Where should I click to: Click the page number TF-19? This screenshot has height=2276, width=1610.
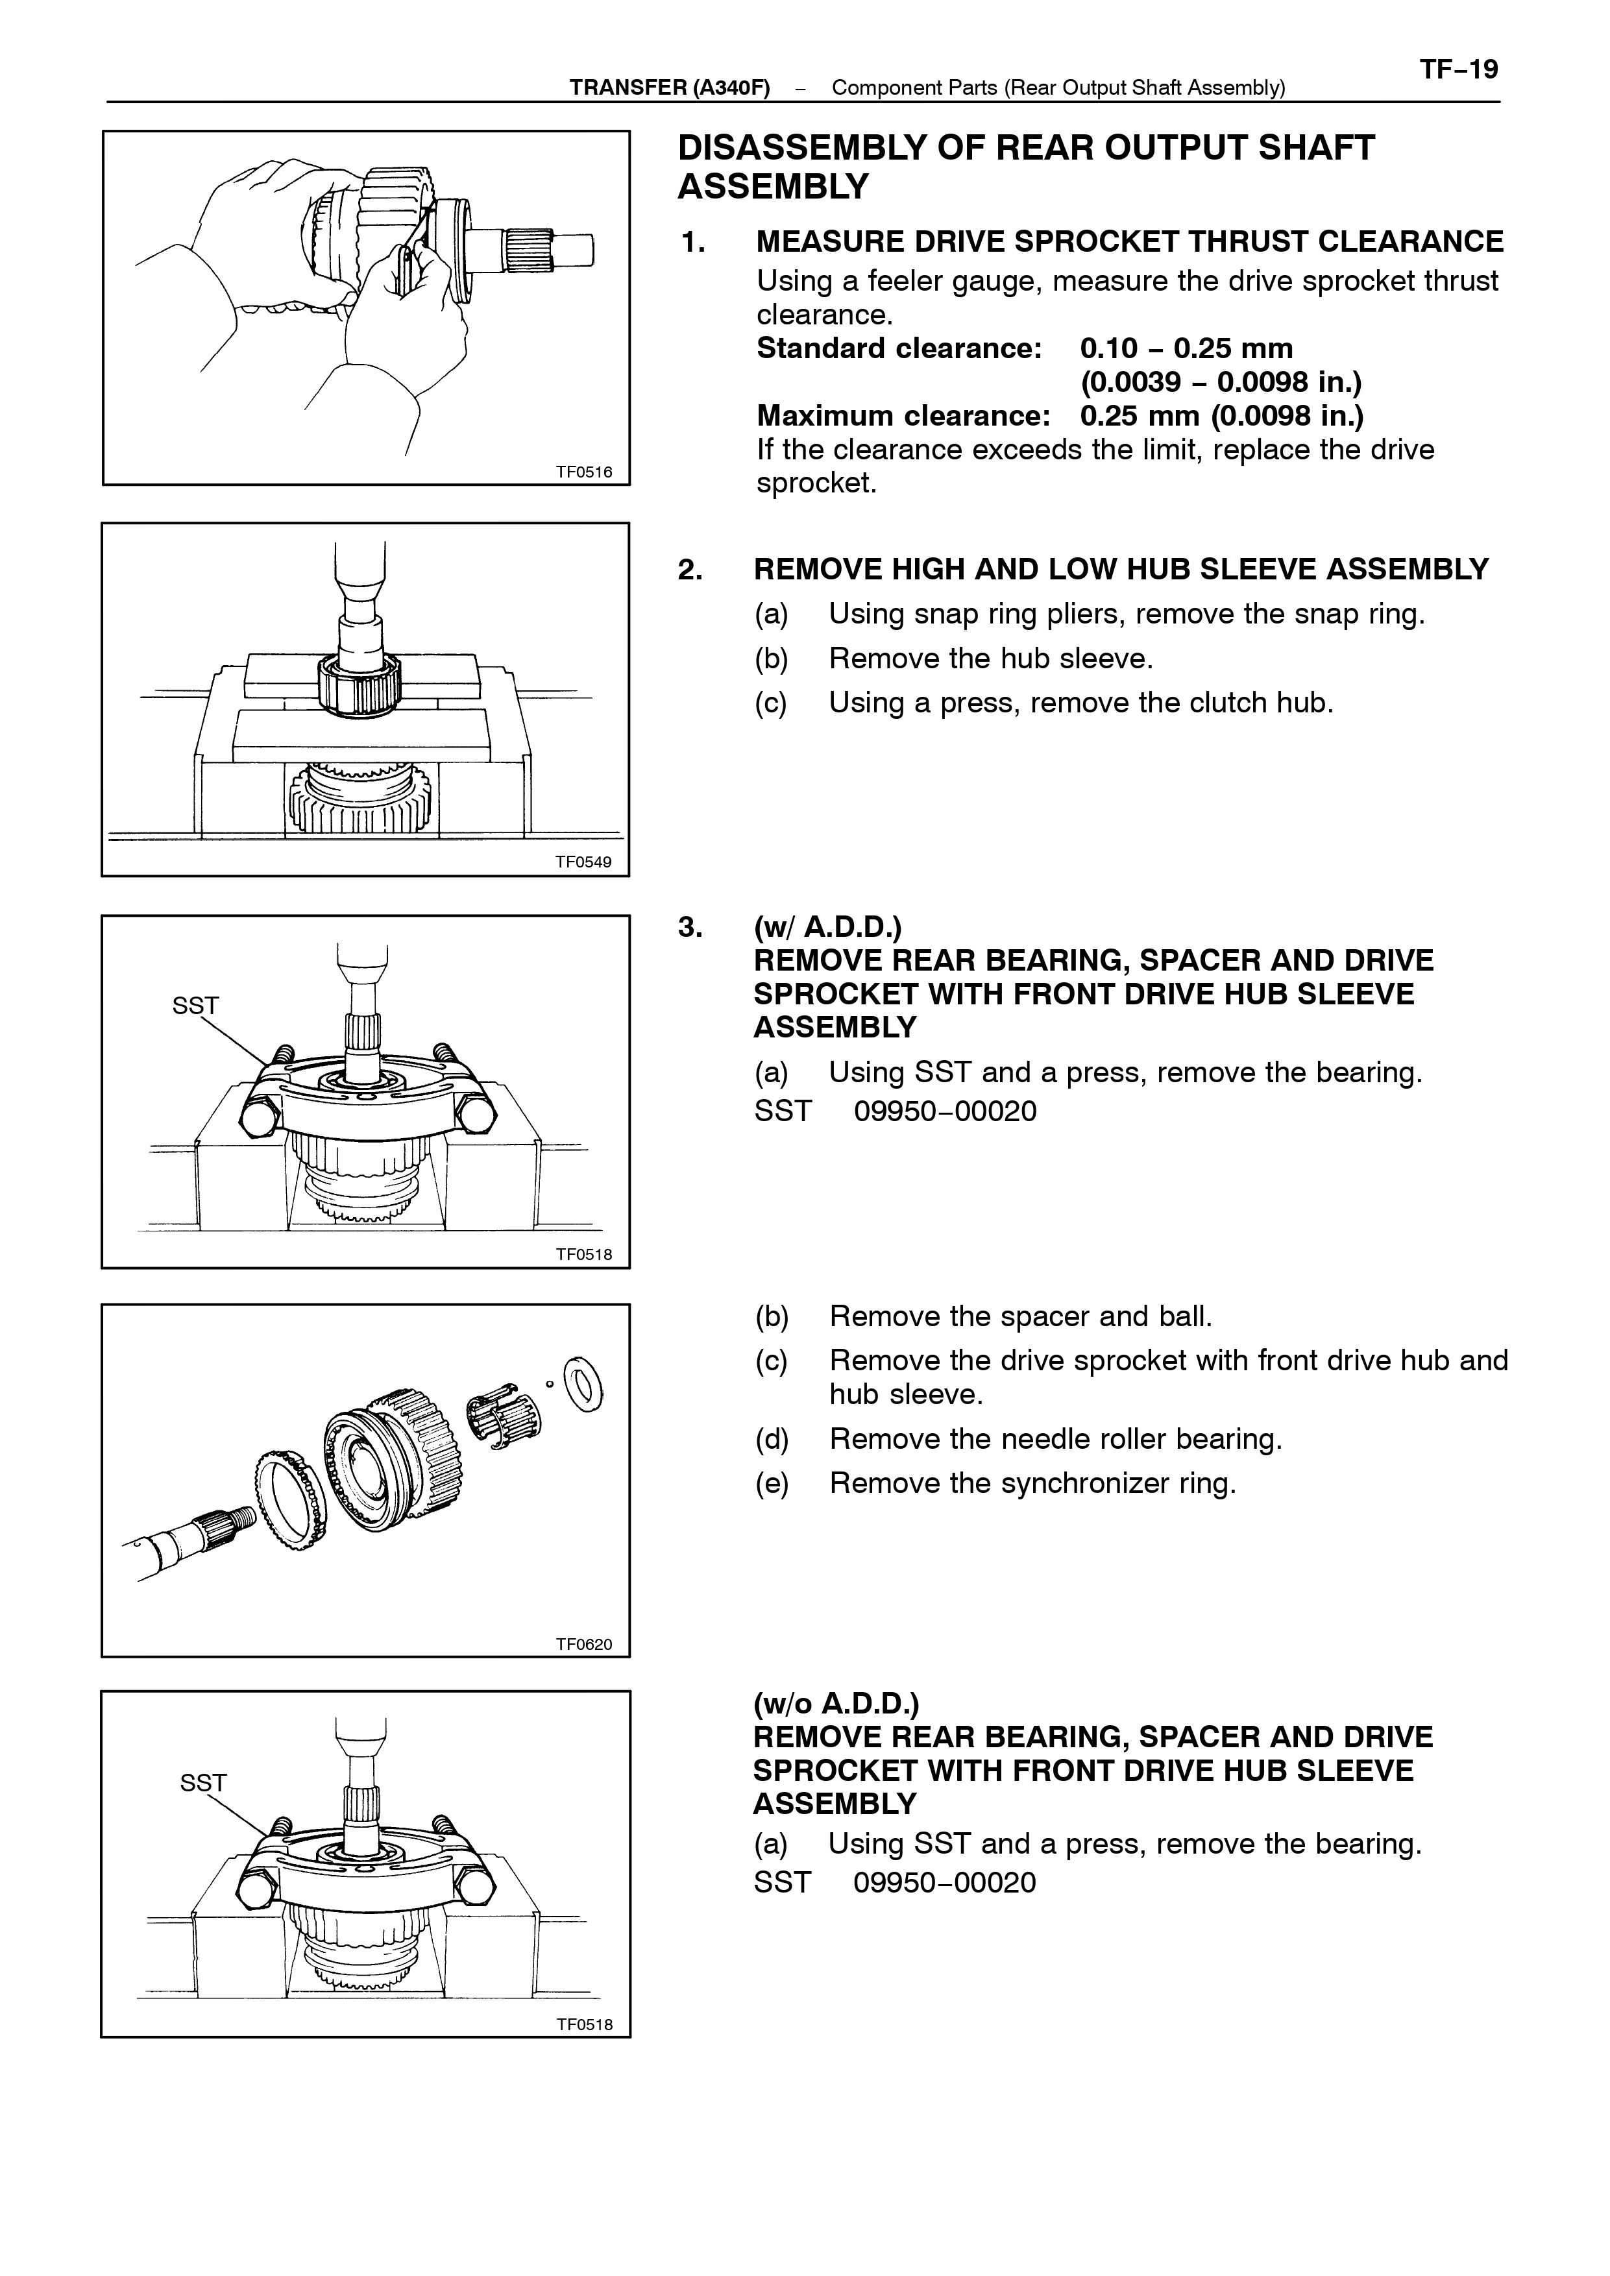click(x=1458, y=69)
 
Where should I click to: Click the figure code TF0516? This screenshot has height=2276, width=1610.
click(x=584, y=472)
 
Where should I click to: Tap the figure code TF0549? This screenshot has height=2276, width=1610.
click(x=584, y=862)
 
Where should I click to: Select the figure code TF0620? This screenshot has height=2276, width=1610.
click(x=584, y=1645)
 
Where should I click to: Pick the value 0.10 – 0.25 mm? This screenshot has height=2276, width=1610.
click(x=1187, y=349)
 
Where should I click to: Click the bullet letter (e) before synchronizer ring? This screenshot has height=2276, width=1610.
click(x=772, y=1484)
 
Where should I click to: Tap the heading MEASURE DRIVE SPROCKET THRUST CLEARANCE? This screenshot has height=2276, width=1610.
click(x=1129, y=242)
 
